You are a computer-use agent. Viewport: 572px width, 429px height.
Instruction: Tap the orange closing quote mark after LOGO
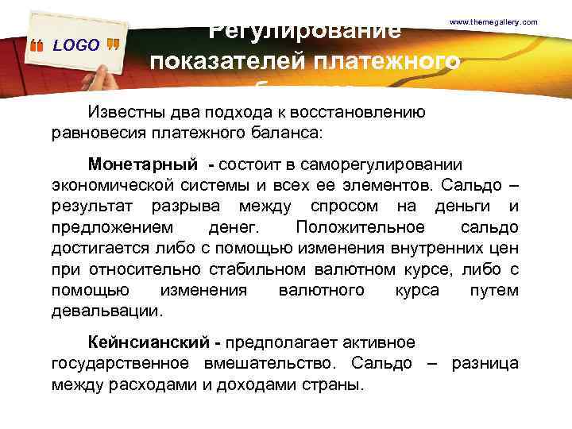(112, 44)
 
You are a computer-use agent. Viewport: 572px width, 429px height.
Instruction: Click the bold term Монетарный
(142, 165)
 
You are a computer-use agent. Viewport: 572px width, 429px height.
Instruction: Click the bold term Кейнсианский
(149, 342)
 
